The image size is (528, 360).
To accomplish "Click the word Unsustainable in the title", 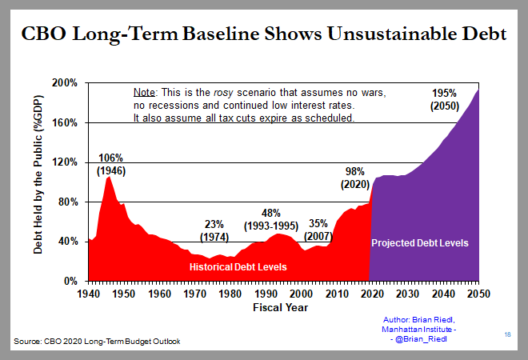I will pyautogui.click(x=367, y=36).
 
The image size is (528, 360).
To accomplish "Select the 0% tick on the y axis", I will pyautogui.click(x=70, y=282).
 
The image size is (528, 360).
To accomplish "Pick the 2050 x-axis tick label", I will pyautogui.click(x=478, y=294).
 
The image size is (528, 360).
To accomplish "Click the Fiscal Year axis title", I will pyautogui.click(x=283, y=306).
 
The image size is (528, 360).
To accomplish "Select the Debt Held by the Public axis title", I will pyautogui.click(x=38, y=182).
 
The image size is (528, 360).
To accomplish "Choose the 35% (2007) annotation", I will pyautogui.click(x=319, y=229).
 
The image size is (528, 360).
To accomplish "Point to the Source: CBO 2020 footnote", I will pyautogui.click(x=97, y=342).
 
